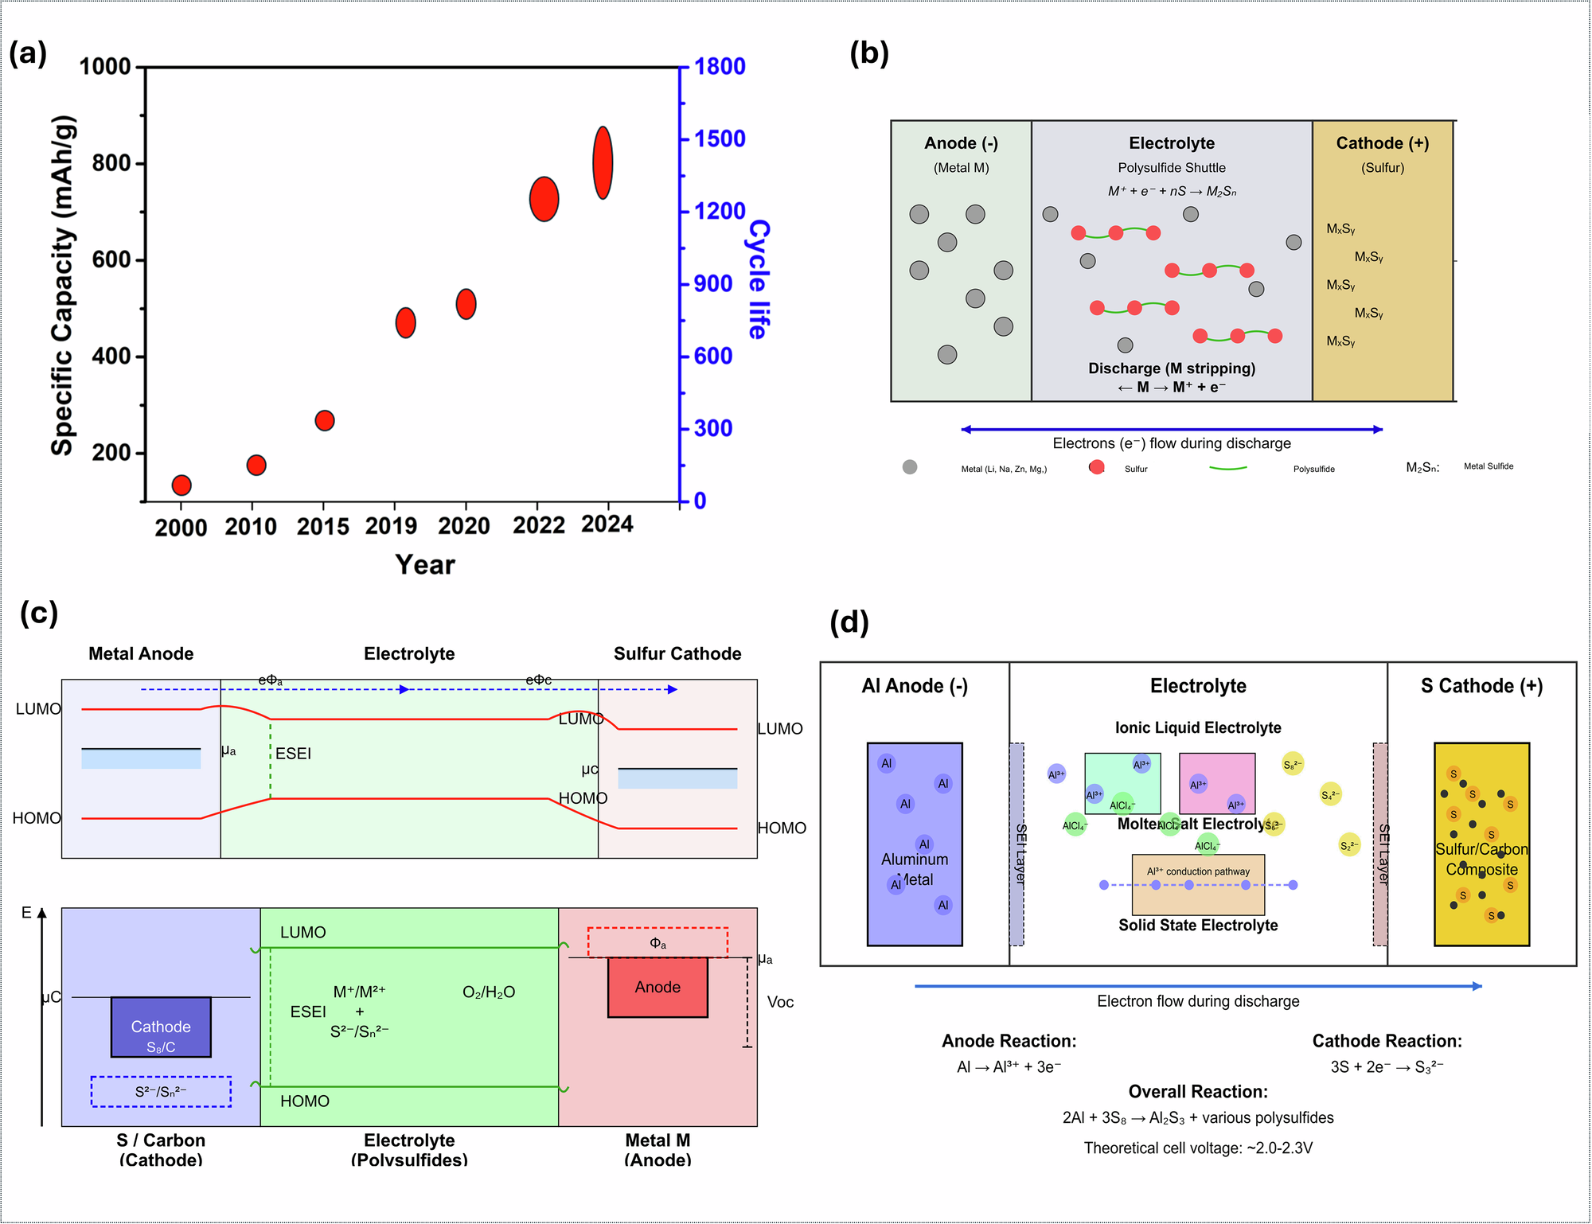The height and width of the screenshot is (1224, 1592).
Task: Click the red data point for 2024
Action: (603, 162)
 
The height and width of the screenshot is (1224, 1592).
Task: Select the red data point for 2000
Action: (181, 485)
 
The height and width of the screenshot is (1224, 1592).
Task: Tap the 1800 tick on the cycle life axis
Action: (720, 67)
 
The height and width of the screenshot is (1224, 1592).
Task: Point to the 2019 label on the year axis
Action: (391, 526)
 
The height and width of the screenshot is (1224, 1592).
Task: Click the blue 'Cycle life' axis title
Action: (758, 279)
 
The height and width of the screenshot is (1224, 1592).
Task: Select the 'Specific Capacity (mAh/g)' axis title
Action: (63, 285)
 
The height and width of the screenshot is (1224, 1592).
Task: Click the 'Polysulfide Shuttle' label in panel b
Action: (1171, 168)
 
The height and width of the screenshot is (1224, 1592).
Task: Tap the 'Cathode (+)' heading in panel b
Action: (1382, 143)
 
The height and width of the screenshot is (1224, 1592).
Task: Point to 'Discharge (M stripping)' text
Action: (1171, 368)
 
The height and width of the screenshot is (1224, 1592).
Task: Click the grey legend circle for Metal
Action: (910, 467)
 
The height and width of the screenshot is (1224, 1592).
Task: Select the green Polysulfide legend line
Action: (1227, 468)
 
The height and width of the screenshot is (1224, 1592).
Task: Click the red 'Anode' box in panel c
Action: (657, 987)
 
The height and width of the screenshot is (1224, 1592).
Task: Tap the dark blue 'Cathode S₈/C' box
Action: (161, 1027)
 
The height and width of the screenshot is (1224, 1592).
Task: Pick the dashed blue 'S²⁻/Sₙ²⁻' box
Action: (161, 1092)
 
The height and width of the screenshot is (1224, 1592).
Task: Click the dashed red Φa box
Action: (657, 942)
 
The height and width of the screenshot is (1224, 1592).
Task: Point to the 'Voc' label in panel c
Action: (780, 1002)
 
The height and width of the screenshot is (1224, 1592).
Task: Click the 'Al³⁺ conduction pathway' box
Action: (1198, 884)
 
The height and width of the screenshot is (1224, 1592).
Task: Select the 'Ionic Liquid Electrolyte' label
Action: (1198, 727)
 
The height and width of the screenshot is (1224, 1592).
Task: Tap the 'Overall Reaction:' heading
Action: (1198, 1092)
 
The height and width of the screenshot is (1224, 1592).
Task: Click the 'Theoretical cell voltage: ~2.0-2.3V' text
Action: (1198, 1148)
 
